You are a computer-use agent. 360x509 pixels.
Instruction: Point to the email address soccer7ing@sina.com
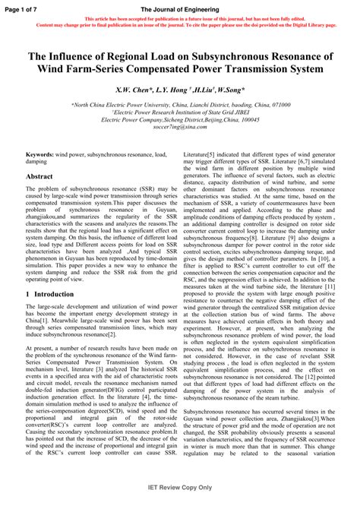tap(180, 127)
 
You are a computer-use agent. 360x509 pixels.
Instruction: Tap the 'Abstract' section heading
tap(39, 176)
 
